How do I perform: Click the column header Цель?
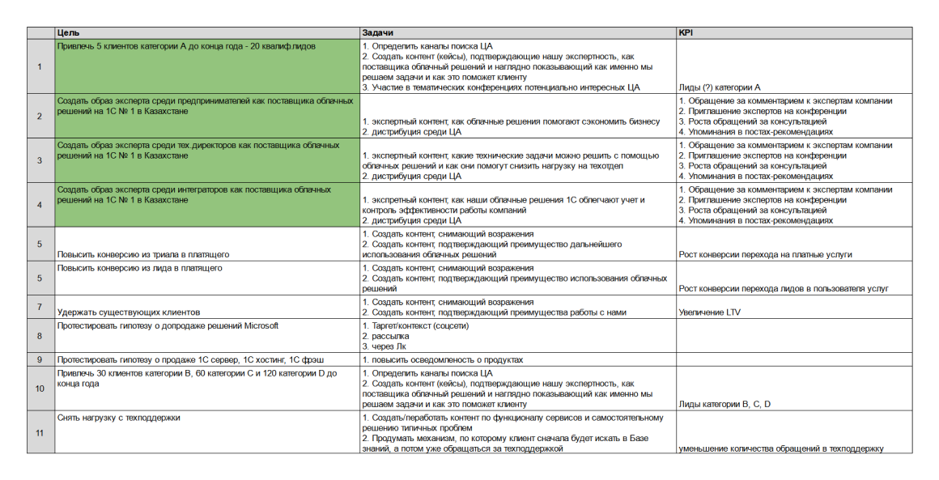68,33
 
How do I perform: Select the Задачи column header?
377,33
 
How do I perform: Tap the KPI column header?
686,33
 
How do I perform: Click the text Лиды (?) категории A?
720,87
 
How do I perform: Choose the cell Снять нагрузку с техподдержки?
119,418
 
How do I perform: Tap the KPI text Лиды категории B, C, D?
724,403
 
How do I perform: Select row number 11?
40,433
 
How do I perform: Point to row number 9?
40,359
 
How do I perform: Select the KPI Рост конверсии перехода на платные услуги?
765,255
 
